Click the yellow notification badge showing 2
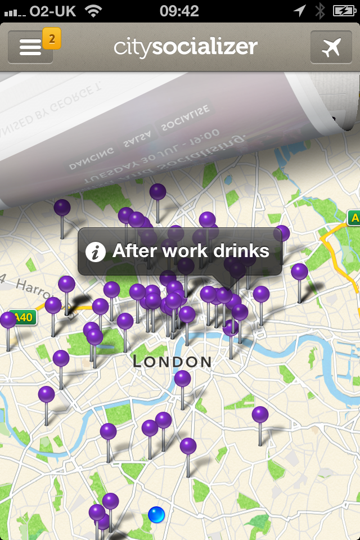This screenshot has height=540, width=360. pyautogui.click(x=52, y=39)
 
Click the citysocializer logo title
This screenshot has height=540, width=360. pyautogui.click(x=186, y=47)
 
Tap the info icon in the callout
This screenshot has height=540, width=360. pyautogui.click(x=96, y=251)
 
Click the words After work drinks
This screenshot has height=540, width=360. pyautogui.click(x=191, y=251)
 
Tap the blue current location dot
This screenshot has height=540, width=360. pyautogui.click(x=156, y=514)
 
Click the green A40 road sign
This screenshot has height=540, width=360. pyautogui.click(x=23, y=318)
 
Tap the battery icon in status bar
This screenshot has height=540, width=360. pyautogui.click(x=343, y=11)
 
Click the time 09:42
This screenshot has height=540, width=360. pyautogui.click(x=179, y=11)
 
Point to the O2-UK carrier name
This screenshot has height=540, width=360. pyautogui.click(x=53, y=11)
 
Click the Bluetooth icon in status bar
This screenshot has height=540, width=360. pyautogui.click(x=320, y=11)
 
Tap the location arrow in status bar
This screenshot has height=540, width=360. pyautogui.click(x=300, y=11)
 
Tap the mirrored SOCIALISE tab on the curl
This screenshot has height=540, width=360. pyautogui.click(x=184, y=119)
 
